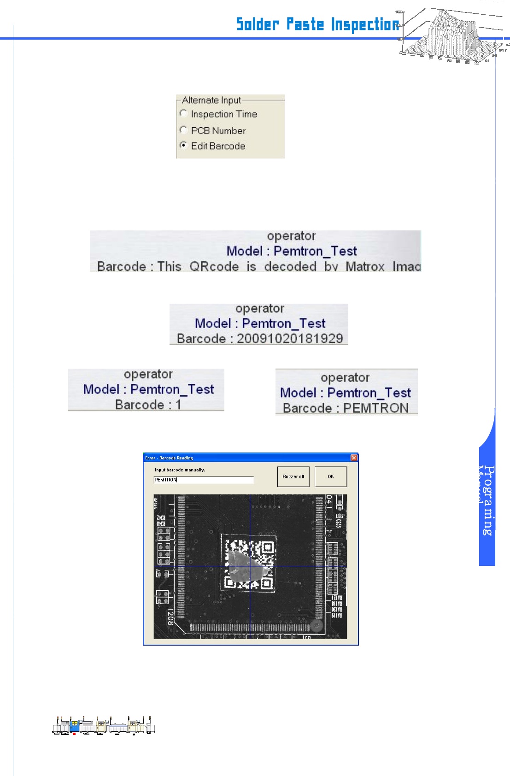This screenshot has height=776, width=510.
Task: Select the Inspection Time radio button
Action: [183, 113]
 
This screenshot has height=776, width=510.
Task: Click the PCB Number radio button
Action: [183, 130]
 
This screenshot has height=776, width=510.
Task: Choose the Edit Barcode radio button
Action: [183, 146]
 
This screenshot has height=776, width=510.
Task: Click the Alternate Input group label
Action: [211, 100]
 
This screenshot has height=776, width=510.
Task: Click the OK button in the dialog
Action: [330, 476]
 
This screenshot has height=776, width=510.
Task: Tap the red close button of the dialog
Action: [354, 458]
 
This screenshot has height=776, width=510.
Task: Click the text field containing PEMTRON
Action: [203, 480]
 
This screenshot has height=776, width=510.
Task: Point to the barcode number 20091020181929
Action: [290, 339]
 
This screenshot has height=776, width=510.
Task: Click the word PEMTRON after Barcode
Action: [375, 408]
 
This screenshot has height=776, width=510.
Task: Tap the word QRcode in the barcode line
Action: [214, 267]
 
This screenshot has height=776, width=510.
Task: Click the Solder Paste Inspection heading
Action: [317, 24]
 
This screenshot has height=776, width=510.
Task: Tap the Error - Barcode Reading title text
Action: [169, 458]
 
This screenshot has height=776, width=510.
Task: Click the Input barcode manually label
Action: [180, 470]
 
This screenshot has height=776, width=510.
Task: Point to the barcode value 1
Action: [178, 405]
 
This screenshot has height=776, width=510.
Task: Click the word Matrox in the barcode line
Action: [365, 267]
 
